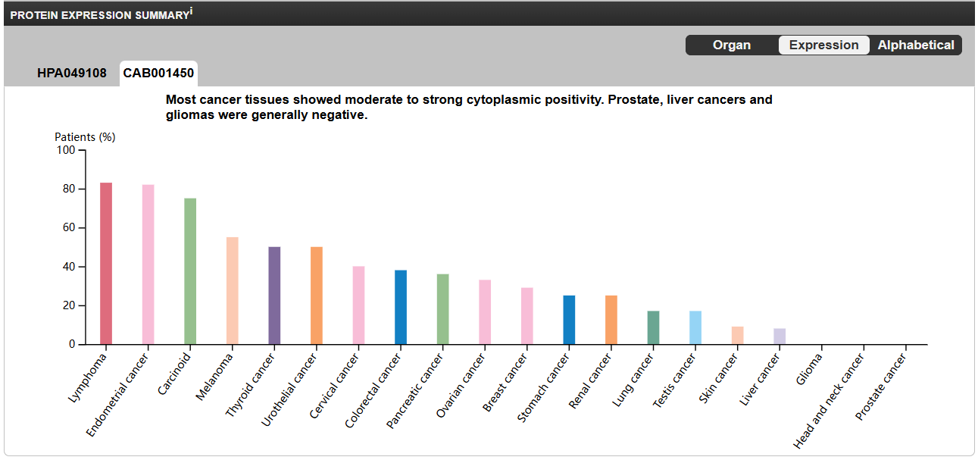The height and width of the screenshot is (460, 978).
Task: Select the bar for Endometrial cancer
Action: (148, 264)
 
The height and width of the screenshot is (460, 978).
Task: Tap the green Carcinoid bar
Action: (190, 271)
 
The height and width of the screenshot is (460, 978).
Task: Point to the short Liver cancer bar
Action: (780, 336)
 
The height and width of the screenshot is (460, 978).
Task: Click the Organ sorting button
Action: (732, 45)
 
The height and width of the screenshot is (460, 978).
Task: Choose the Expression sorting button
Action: (823, 45)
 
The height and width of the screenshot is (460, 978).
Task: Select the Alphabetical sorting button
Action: (916, 45)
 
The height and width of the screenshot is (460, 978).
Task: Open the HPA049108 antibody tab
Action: (72, 74)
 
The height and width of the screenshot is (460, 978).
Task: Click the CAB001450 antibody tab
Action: (158, 74)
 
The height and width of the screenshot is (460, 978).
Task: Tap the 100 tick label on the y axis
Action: (66, 150)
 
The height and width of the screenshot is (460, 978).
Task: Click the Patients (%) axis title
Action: (85, 137)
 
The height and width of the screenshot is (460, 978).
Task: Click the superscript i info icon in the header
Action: (191, 11)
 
